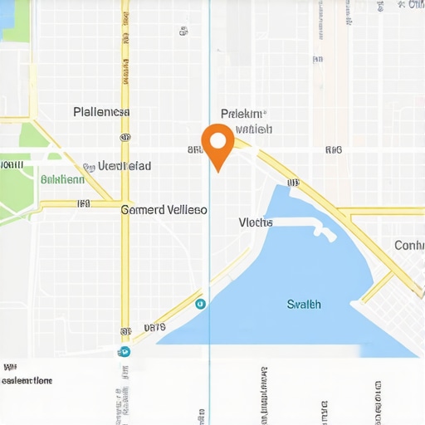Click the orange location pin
[217, 142]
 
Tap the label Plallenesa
[101, 111]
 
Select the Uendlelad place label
[125, 166]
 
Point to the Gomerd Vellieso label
[164, 210]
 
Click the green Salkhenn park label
[62, 178]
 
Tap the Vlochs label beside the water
[256, 222]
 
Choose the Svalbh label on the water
[304, 304]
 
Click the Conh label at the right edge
[408, 245]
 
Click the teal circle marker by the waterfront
[200, 304]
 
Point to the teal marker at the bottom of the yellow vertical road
[125, 350]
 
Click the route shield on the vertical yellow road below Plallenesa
[125, 137]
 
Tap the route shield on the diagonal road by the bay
[292, 182]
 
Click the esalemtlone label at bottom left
[27, 381]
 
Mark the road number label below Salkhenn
[83, 203]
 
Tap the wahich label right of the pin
[254, 129]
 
